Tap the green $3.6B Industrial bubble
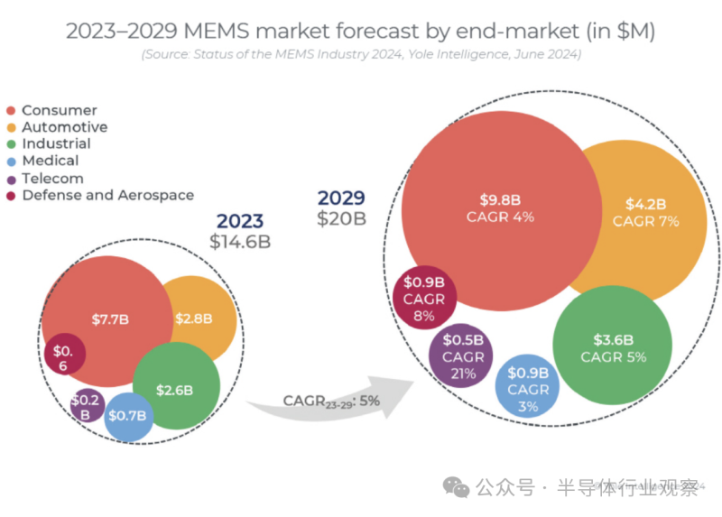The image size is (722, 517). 613,347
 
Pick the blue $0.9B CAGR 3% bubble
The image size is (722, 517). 528,388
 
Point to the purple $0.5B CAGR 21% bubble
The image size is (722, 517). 462,355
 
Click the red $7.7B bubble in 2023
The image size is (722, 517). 108,319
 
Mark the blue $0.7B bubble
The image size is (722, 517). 127,416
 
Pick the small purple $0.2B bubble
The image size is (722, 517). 87,406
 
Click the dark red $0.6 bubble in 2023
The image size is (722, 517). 63,357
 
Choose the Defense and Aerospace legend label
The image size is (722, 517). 107,195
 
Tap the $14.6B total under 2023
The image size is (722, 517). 239,242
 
